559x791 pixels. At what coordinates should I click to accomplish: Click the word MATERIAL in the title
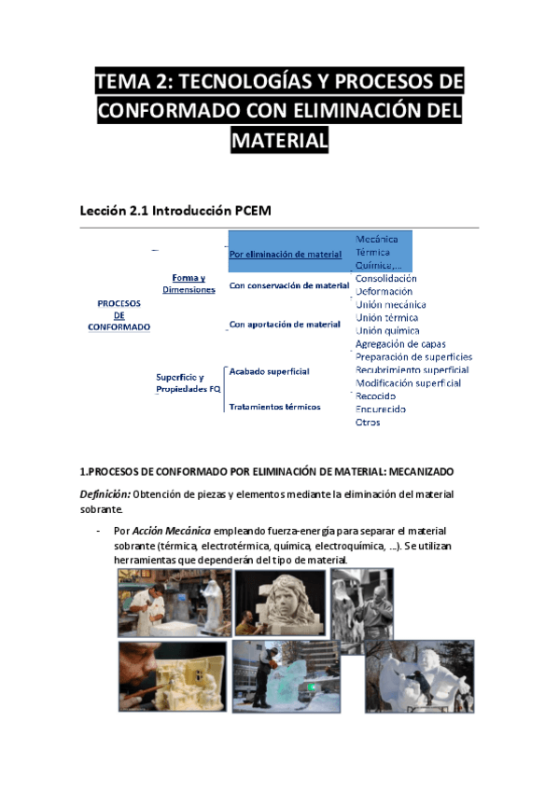[x=279, y=140]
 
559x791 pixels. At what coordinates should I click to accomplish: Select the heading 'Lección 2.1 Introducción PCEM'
[x=175, y=211]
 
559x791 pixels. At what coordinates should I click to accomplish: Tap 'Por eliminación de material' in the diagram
[x=286, y=255]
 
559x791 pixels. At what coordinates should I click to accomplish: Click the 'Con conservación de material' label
[x=289, y=285]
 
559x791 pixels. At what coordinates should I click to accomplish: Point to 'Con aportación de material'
[x=286, y=325]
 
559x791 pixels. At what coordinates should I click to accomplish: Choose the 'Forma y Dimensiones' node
[x=189, y=284]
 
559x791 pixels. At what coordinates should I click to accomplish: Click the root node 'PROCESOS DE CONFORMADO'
[x=119, y=315]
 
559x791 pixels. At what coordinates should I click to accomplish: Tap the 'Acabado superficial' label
[x=270, y=371]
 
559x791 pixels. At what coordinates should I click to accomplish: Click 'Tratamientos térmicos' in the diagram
[x=275, y=407]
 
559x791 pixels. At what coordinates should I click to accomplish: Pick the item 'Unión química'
[x=387, y=331]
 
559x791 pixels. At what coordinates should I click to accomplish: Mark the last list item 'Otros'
[x=368, y=423]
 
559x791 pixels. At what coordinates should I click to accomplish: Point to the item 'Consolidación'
[x=386, y=278]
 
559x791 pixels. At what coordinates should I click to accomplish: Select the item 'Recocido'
[x=376, y=396]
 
